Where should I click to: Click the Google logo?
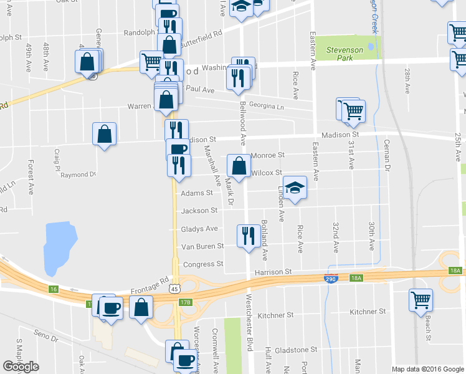[x=21, y=366]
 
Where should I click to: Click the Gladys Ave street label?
[x=199, y=229]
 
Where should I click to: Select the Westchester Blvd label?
[x=250, y=317]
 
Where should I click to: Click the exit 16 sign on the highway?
[x=54, y=289]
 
